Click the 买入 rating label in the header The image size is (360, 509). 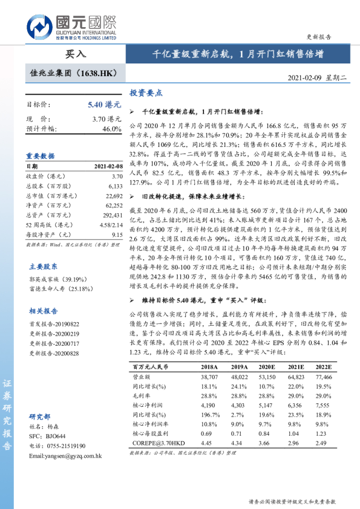[76, 54]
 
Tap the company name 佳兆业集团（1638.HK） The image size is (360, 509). [73, 73]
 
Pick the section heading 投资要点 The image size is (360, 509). [146, 93]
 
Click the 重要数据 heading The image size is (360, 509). [40, 155]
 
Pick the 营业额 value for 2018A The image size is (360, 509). [208, 376]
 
